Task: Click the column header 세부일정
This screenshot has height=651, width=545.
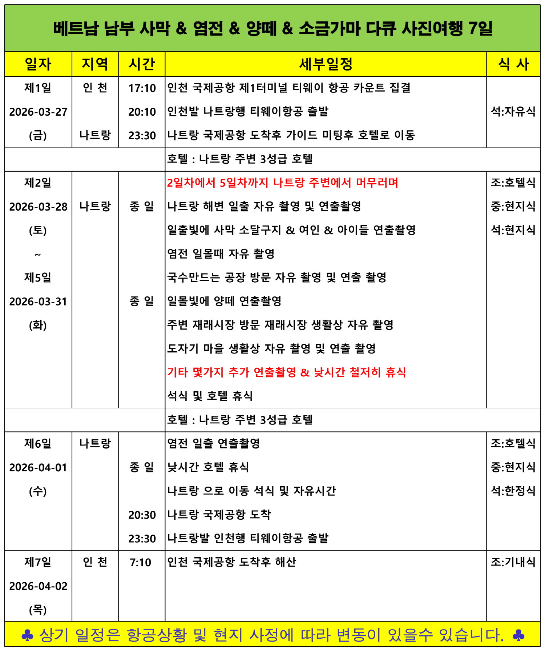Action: click(326, 64)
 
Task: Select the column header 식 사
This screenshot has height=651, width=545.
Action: click(513, 64)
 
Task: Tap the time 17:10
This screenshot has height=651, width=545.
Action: click(142, 88)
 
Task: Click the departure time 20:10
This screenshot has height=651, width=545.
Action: click(142, 112)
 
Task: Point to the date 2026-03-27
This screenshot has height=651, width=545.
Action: click(38, 112)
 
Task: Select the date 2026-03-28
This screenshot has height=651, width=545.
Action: click(38, 207)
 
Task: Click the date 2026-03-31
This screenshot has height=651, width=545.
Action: click(38, 301)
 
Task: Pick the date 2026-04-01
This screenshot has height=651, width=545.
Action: click(38, 467)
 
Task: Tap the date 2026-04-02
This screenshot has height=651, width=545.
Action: click(38, 586)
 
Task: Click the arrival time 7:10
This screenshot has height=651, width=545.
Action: click(141, 562)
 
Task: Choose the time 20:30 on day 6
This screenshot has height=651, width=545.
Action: click(142, 515)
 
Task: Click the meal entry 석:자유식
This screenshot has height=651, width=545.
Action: click(513, 111)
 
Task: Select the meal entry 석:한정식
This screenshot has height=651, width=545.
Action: click(513, 491)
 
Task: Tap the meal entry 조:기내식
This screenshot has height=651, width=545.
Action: click(513, 562)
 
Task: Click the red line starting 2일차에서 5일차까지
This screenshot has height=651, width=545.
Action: click(282, 183)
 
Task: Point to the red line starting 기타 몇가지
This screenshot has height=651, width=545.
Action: click(286, 372)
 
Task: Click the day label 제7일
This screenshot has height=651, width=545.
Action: click(38, 562)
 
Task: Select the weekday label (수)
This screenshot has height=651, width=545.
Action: click(38, 491)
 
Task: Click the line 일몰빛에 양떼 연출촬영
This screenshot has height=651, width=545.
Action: click(224, 301)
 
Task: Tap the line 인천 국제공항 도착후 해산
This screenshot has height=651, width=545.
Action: click(231, 562)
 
